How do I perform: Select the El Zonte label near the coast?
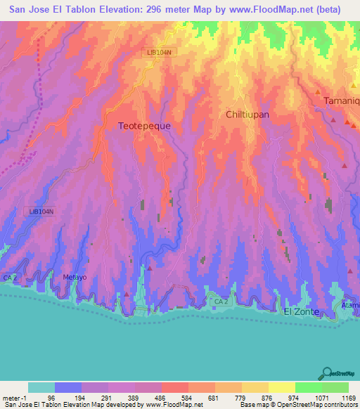pos(301,311)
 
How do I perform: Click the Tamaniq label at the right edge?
pos(341,101)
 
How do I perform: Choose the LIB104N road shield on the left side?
pos(41,211)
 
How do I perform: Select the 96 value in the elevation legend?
pos(41,398)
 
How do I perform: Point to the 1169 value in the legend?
pos(348,398)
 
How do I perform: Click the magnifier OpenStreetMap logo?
pos(326,372)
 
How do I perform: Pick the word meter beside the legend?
pos(12,398)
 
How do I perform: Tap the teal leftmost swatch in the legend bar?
pos(41,387)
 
